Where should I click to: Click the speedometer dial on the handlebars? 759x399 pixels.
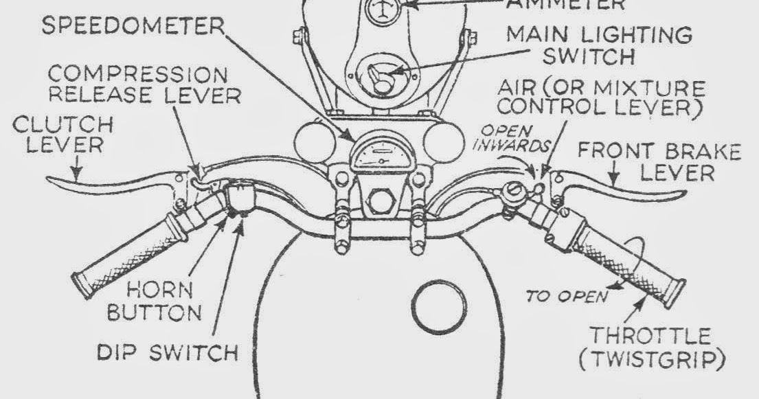point(375,153)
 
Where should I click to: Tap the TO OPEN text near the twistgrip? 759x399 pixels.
point(566,297)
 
